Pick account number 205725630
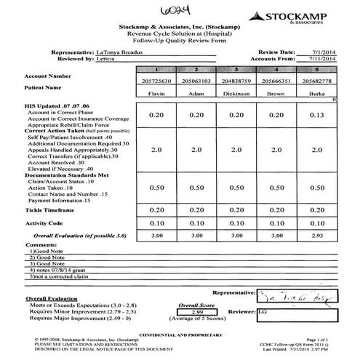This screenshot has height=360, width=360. pyautogui.click(x=156, y=81)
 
